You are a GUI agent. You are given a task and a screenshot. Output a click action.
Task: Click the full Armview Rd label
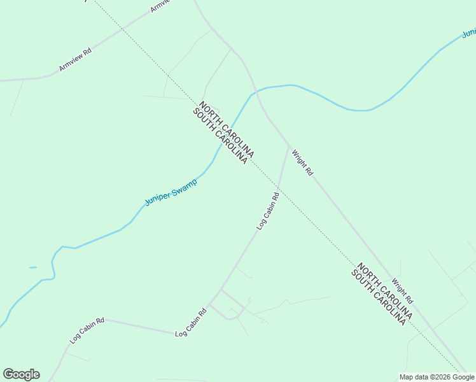[75, 59]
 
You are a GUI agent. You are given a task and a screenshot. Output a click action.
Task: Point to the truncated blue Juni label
[469, 32]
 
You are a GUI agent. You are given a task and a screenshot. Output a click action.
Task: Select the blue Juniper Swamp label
[171, 192]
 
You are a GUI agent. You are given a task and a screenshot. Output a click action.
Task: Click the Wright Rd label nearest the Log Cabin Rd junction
[302, 162]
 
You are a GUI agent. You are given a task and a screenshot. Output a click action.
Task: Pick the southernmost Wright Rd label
[403, 290]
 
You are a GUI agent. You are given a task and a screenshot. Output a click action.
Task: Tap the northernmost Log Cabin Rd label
[268, 211]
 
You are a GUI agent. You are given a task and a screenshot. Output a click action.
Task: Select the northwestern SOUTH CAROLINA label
[220, 137]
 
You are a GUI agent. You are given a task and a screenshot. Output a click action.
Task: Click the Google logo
[21, 374]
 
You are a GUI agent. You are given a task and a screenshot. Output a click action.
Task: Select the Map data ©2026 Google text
[437, 377]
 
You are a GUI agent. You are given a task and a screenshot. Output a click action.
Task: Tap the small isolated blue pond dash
[32, 267]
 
